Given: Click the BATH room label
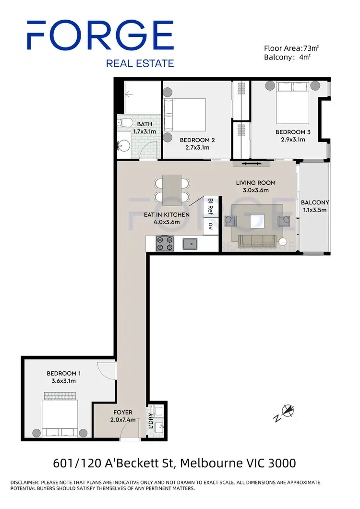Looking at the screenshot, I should coord(131,124).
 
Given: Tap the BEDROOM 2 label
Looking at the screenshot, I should coord(197,140).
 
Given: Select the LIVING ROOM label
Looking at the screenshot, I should coord(255,183).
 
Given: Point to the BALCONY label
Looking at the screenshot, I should coord(315,202).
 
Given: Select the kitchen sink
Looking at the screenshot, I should coord(191,244).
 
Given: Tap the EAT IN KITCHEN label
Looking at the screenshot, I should coord(167,214).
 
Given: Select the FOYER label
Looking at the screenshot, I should coord(123,412).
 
